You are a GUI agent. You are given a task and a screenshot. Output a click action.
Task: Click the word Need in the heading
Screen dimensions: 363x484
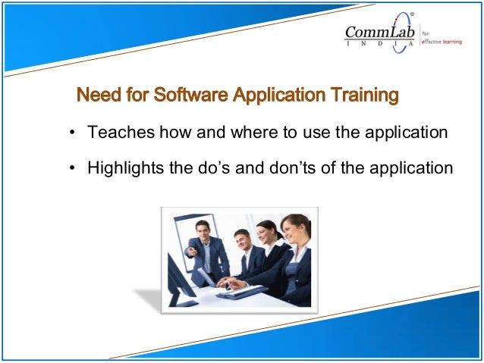point(95,96)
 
